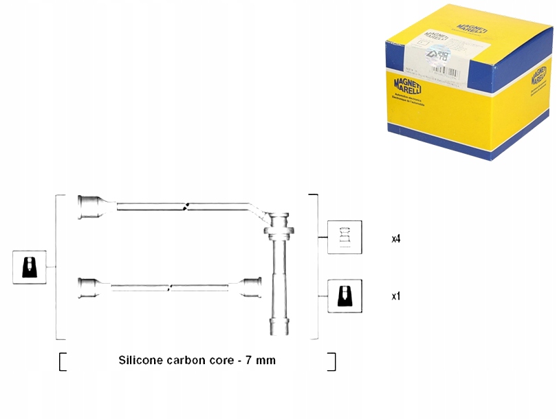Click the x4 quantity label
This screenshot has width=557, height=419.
[x=396, y=239]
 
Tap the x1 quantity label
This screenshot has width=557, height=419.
[x=396, y=297]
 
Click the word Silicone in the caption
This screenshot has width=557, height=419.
[x=141, y=360]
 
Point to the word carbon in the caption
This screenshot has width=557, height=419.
[x=189, y=360]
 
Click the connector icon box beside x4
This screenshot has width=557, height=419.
[x=345, y=238]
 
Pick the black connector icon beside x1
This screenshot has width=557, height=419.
[x=345, y=296]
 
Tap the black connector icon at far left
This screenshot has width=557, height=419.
[x=30, y=267]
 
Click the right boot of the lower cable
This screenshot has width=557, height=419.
[x=251, y=287]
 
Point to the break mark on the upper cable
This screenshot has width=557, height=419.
[x=186, y=205]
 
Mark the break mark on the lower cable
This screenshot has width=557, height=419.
[x=170, y=286]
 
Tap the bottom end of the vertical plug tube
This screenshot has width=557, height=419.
[x=278, y=327]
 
